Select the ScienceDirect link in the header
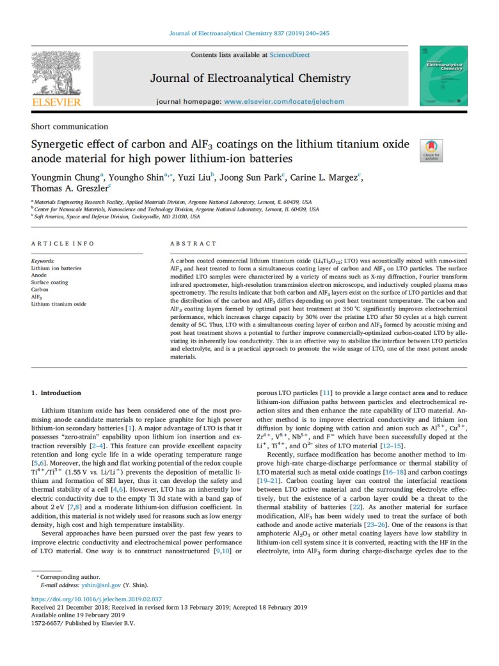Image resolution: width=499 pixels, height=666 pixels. coord(290,56)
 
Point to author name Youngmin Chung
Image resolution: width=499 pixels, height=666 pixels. coord(62,177)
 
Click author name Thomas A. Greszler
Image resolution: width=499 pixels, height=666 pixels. coord(69,189)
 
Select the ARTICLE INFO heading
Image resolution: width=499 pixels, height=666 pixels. coord(63,244)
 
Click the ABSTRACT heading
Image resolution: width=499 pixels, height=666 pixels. coord(193,244)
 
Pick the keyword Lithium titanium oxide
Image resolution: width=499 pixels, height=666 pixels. coord(58,304)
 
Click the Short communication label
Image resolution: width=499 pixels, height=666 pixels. coord(69,127)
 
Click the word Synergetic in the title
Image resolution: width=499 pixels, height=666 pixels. coord(61,144)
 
